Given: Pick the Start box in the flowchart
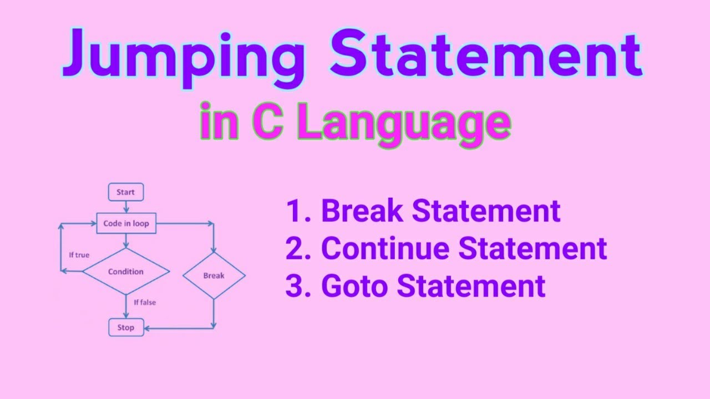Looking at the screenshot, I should tap(125, 192).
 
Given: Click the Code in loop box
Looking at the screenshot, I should tap(126, 224).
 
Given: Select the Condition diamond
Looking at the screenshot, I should tap(126, 272).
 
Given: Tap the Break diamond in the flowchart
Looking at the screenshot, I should tap(214, 275).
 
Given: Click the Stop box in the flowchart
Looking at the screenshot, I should tap(126, 328).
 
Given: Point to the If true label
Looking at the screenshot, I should tap(79, 255).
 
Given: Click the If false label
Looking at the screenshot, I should tap(144, 303).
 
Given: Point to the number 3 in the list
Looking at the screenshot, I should tap(295, 286).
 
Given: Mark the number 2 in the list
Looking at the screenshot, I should tap(295, 249).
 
